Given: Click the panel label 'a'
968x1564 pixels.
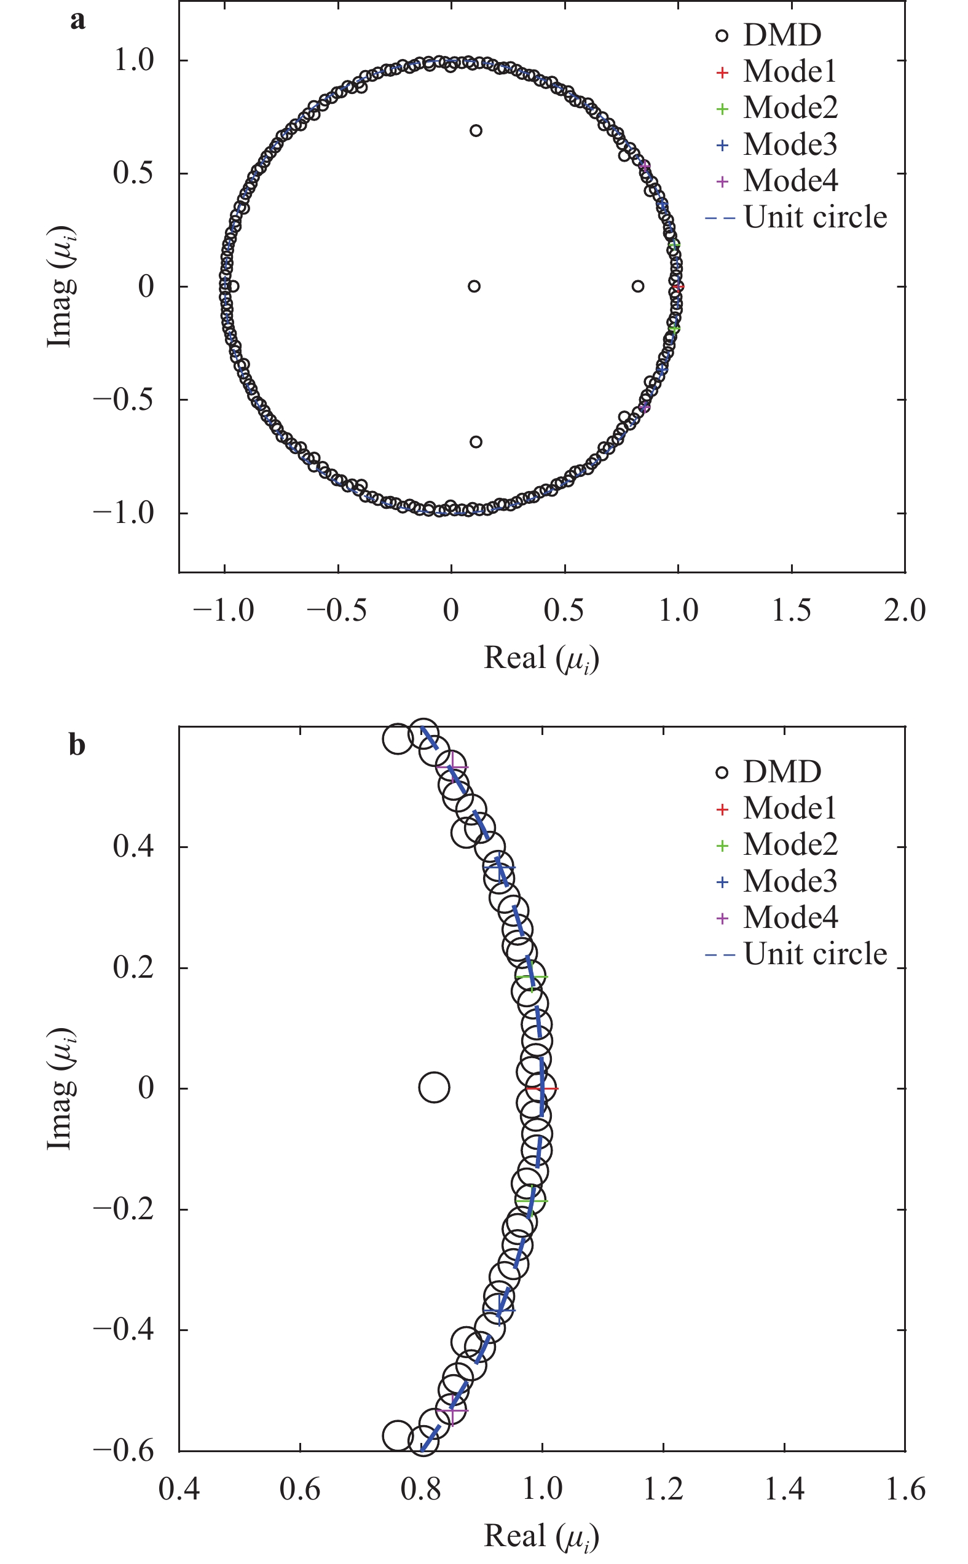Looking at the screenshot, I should click(77, 21).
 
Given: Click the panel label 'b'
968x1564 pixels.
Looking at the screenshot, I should click(77, 745).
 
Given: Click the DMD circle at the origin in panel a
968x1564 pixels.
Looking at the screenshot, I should click(474, 286).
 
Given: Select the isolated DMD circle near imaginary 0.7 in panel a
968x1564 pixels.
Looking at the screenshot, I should click(476, 130).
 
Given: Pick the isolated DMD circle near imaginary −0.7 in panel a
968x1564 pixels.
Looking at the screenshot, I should click(476, 442).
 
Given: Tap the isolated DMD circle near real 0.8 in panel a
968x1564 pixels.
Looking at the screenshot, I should click(638, 286).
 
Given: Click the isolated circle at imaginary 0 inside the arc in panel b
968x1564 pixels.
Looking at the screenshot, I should click(434, 1087).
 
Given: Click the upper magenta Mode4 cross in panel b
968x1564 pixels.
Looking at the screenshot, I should click(452, 767).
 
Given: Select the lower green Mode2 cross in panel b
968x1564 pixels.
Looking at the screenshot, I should click(532, 1201).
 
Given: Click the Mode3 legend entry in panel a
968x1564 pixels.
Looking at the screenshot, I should click(789, 144).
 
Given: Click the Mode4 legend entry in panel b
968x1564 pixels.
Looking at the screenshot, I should click(789, 918).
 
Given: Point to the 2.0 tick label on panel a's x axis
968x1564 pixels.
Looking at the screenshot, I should click(904, 610).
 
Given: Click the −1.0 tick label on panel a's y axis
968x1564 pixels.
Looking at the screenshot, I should click(124, 513).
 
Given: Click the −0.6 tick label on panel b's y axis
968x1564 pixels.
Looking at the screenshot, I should click(124, 1450).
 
